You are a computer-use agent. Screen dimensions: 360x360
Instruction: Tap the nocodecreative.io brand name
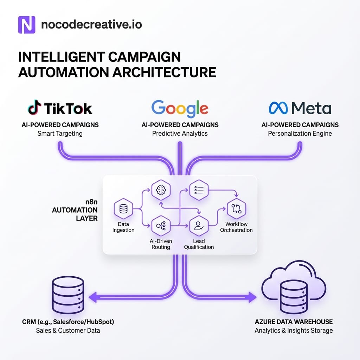tap(91, 25)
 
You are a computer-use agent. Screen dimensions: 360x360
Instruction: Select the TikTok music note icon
tap(34, 107)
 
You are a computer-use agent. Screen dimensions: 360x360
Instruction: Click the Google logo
tap(180, 109)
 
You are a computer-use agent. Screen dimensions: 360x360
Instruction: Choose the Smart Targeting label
tap(60, 134)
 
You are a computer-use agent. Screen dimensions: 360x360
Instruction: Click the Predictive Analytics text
tap(180, 134)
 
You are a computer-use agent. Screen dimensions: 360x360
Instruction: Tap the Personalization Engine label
tap(300, 134)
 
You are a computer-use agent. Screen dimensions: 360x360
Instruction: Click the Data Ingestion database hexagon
tap(123, 209)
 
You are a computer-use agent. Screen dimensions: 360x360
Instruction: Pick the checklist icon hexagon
tap(199, 190)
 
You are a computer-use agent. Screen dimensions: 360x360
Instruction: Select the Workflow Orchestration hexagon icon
tap(237, 209)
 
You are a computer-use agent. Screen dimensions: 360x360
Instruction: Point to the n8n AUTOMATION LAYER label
tap(75, 210)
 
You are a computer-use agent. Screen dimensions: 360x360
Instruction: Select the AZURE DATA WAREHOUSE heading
tap(294, 322)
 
